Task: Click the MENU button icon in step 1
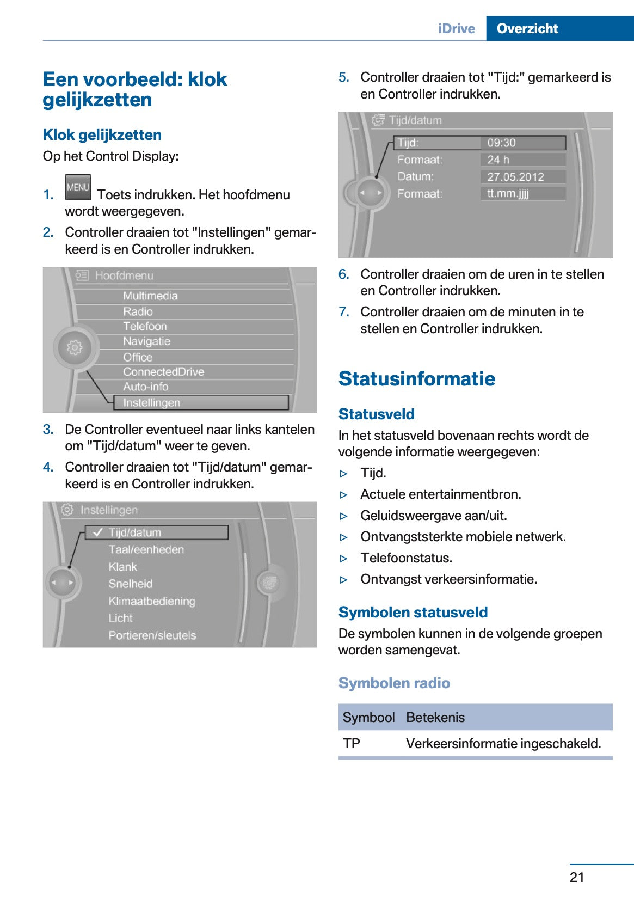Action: point(78,187)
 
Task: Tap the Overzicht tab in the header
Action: point(527,28)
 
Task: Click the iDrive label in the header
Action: point(456,28)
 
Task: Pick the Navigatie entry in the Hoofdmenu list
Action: point(146,341)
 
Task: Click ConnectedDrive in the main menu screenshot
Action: point(163,372)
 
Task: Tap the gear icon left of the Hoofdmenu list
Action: point(75,347)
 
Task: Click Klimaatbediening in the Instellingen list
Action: point(152,601)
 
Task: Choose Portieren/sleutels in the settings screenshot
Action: point(152,635)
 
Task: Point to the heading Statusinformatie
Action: point(417,378)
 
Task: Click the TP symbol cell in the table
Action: point(352,744)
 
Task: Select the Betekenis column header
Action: point(435,718)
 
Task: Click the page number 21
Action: point(577,877)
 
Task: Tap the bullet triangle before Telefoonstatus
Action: point(343,559)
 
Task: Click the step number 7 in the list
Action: point(343,312)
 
